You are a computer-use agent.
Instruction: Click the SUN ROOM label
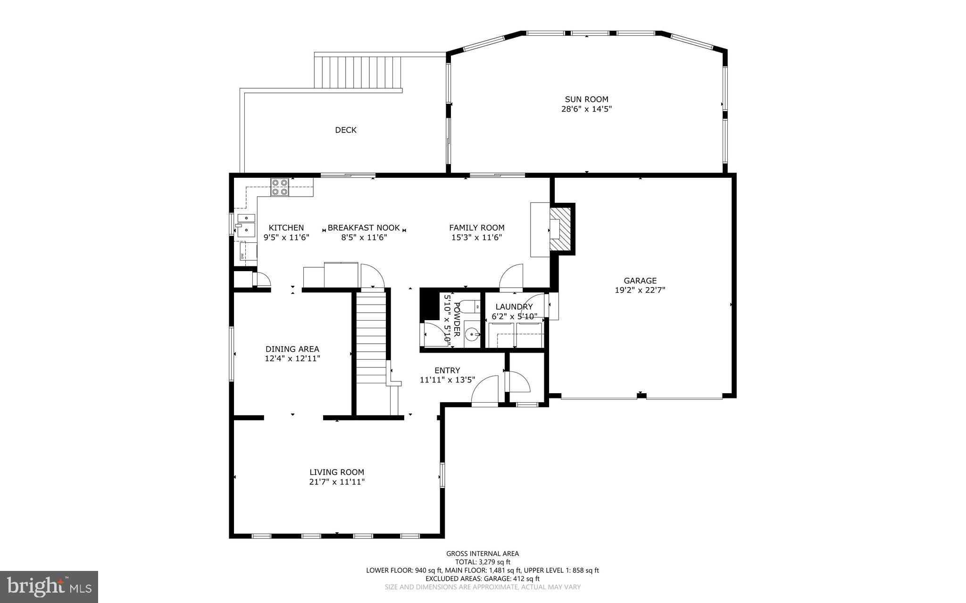click(x=586, y=99)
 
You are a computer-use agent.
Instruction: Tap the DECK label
click(x=346, y=130)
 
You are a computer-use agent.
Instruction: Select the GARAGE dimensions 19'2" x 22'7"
click(x=640, y=290)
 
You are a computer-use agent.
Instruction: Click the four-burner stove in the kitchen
click(x=280, y=187)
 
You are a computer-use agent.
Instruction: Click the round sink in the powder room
click(x=472, y=335)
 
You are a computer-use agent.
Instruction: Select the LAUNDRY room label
click(x=514, y=306)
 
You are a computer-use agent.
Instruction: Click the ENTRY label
click(x=447, y=371)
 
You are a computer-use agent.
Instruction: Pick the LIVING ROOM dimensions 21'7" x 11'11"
click(x=337, y=482)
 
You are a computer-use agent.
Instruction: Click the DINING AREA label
click(x=292, y=349)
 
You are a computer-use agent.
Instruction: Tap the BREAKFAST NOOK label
click(x=364, y=228)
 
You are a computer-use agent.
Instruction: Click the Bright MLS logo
click(x=49, y=586)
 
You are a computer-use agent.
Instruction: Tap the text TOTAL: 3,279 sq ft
click(x=482, y=562)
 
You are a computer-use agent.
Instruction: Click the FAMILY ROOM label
click(x=476, y=228)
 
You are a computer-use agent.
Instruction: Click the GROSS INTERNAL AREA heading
click(x=482, y=553)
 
